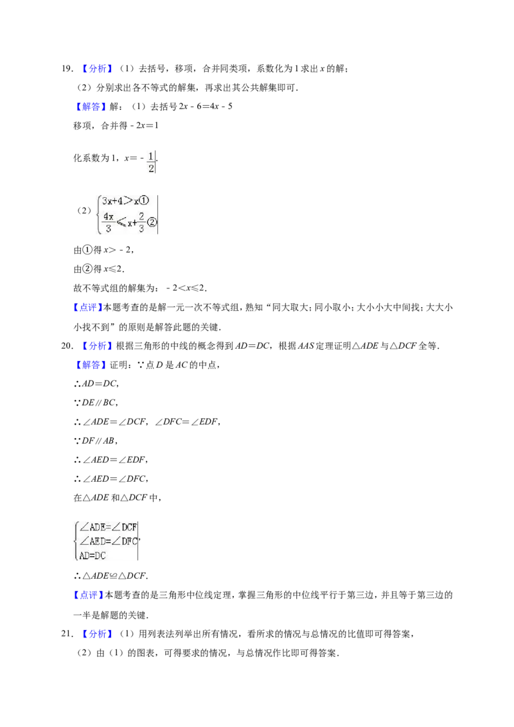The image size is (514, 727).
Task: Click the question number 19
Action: (67, 69)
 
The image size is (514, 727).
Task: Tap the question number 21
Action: (67, 633)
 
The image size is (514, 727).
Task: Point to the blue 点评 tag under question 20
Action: (88, 595)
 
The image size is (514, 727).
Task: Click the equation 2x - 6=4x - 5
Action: (206, 107)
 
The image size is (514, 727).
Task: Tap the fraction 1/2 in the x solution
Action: (151, 162)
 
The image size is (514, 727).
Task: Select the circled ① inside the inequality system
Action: (144, 201)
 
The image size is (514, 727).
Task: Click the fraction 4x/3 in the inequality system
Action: (109, 223)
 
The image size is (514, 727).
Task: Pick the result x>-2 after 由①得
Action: (118, 250)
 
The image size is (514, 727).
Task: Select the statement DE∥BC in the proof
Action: (98, 403)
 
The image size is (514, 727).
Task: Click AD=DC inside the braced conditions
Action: (93, 556)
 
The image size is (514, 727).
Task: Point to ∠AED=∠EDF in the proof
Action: (114, 460)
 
